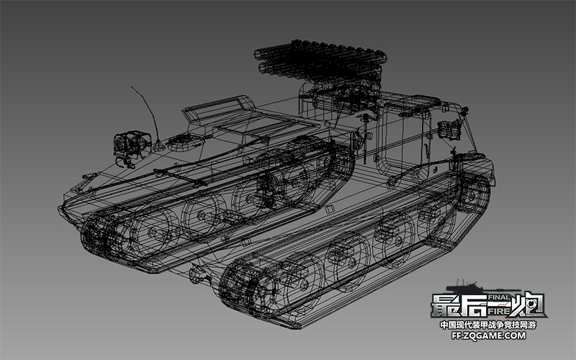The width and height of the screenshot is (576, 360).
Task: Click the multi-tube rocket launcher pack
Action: [320, 60]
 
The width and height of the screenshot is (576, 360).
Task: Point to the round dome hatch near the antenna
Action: [184, 143]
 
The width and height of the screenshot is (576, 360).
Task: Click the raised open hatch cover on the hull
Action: [220, 109]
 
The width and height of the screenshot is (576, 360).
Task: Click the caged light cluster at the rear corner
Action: [449, 130]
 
